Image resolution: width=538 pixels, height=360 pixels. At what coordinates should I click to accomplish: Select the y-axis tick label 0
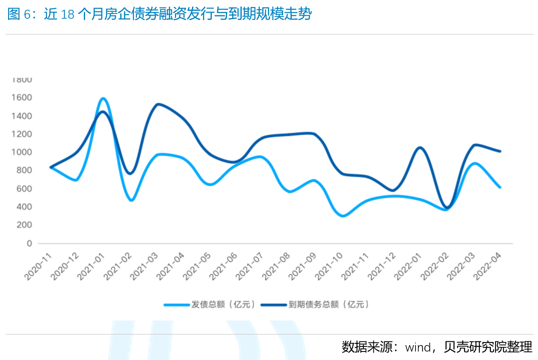pos(29,244)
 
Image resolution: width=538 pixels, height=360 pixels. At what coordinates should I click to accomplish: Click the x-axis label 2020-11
pos(38,266)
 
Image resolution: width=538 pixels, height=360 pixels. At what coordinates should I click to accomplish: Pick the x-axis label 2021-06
pos(224,266)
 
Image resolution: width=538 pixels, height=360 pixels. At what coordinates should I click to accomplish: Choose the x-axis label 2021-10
pos(330,266)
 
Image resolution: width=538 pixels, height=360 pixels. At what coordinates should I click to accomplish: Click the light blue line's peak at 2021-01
pos(103,99)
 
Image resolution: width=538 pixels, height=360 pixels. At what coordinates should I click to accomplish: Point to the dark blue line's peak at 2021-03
pos(157,104)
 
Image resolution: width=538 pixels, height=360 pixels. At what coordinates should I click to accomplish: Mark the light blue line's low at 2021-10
pos(343,216)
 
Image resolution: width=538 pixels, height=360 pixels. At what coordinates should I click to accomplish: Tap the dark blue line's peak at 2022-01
pos(420,148)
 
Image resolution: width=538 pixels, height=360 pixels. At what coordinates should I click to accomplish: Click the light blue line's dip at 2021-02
pos(131,200)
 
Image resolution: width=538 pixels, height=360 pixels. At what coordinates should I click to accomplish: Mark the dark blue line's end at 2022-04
pos(500,151)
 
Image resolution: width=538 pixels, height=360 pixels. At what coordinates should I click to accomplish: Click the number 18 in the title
pos(68,15)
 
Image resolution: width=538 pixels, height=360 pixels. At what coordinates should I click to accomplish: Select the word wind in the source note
pos(418,347)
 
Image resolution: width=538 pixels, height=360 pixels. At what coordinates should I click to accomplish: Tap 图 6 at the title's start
pos(20,15)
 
